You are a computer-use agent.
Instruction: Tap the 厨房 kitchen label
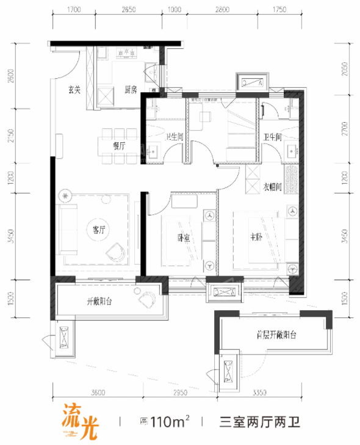click(x=130, y=90)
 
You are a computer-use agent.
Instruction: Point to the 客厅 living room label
click(x=99, y=230)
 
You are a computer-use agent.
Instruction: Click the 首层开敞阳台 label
click(x=276, y=335)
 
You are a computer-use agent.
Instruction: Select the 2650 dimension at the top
click(x=129, y=10)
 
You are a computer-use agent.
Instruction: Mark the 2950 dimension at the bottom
click(x=178, y=392)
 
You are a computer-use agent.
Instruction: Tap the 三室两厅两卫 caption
click(x=259, y=421)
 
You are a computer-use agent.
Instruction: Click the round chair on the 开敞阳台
click(x=147, y=299)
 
